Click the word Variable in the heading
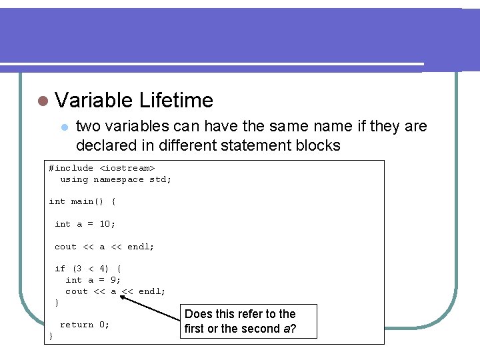tap(95, 101)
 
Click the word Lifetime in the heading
tap(177, 101)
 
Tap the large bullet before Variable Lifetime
tap(43, 101)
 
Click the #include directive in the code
tap(71, 168)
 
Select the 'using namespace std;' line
tap(116, 179)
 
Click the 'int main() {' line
tap(82, 201)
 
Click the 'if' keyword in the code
tap(60, 269)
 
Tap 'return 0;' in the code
tap(85, 325)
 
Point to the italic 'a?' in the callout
tap(291, 329)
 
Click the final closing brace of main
tap(51, 336)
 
